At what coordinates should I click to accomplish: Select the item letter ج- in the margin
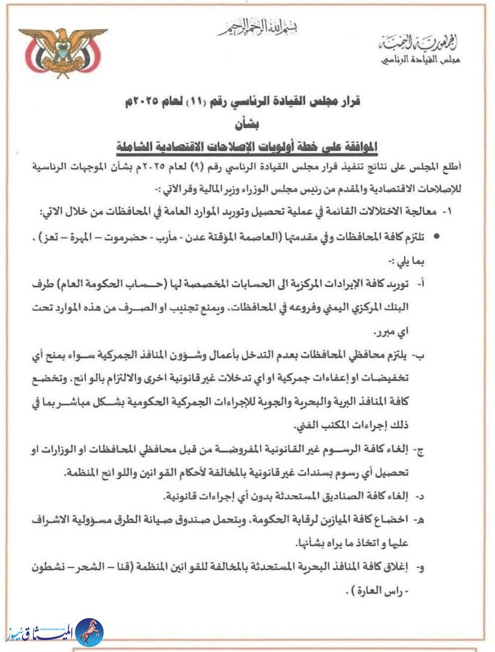[x=420, y=450]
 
